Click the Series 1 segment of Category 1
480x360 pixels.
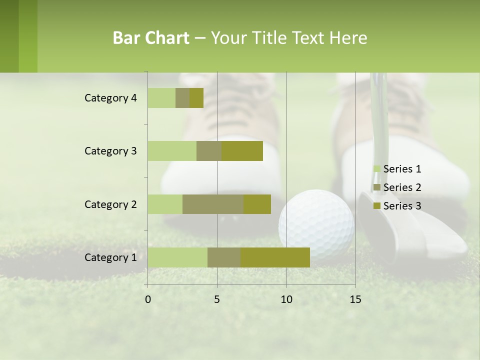click(x=177, y=257)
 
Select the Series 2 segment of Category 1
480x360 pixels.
click(x=224, y=257)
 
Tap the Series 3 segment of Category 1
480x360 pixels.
click(x=275, y=257)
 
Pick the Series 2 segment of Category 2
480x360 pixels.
click(x=213, y=204)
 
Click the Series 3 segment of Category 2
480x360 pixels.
click(x=257, y=204)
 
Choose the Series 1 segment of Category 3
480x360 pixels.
click(x=172, y=151)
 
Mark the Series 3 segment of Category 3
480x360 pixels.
click(x=242, y=151)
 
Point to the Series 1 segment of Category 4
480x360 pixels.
click(x=161, y=98)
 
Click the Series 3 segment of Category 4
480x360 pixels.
click(x=196, y=98)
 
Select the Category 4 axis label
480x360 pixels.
click(x=110, y=98)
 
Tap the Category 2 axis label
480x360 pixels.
click(x=110, y=204)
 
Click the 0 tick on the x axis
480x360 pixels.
click(x=148, y=299)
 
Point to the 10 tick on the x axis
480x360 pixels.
click(x=286, y=299)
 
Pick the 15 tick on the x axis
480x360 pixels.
click(x=355, y=299)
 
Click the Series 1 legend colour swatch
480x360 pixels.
click(x=377, y=169)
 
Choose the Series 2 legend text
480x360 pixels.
click(x=402, y=187)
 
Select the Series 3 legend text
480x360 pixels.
click(x=402, y=206)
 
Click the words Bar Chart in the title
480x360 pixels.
click(x=151, y=38)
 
